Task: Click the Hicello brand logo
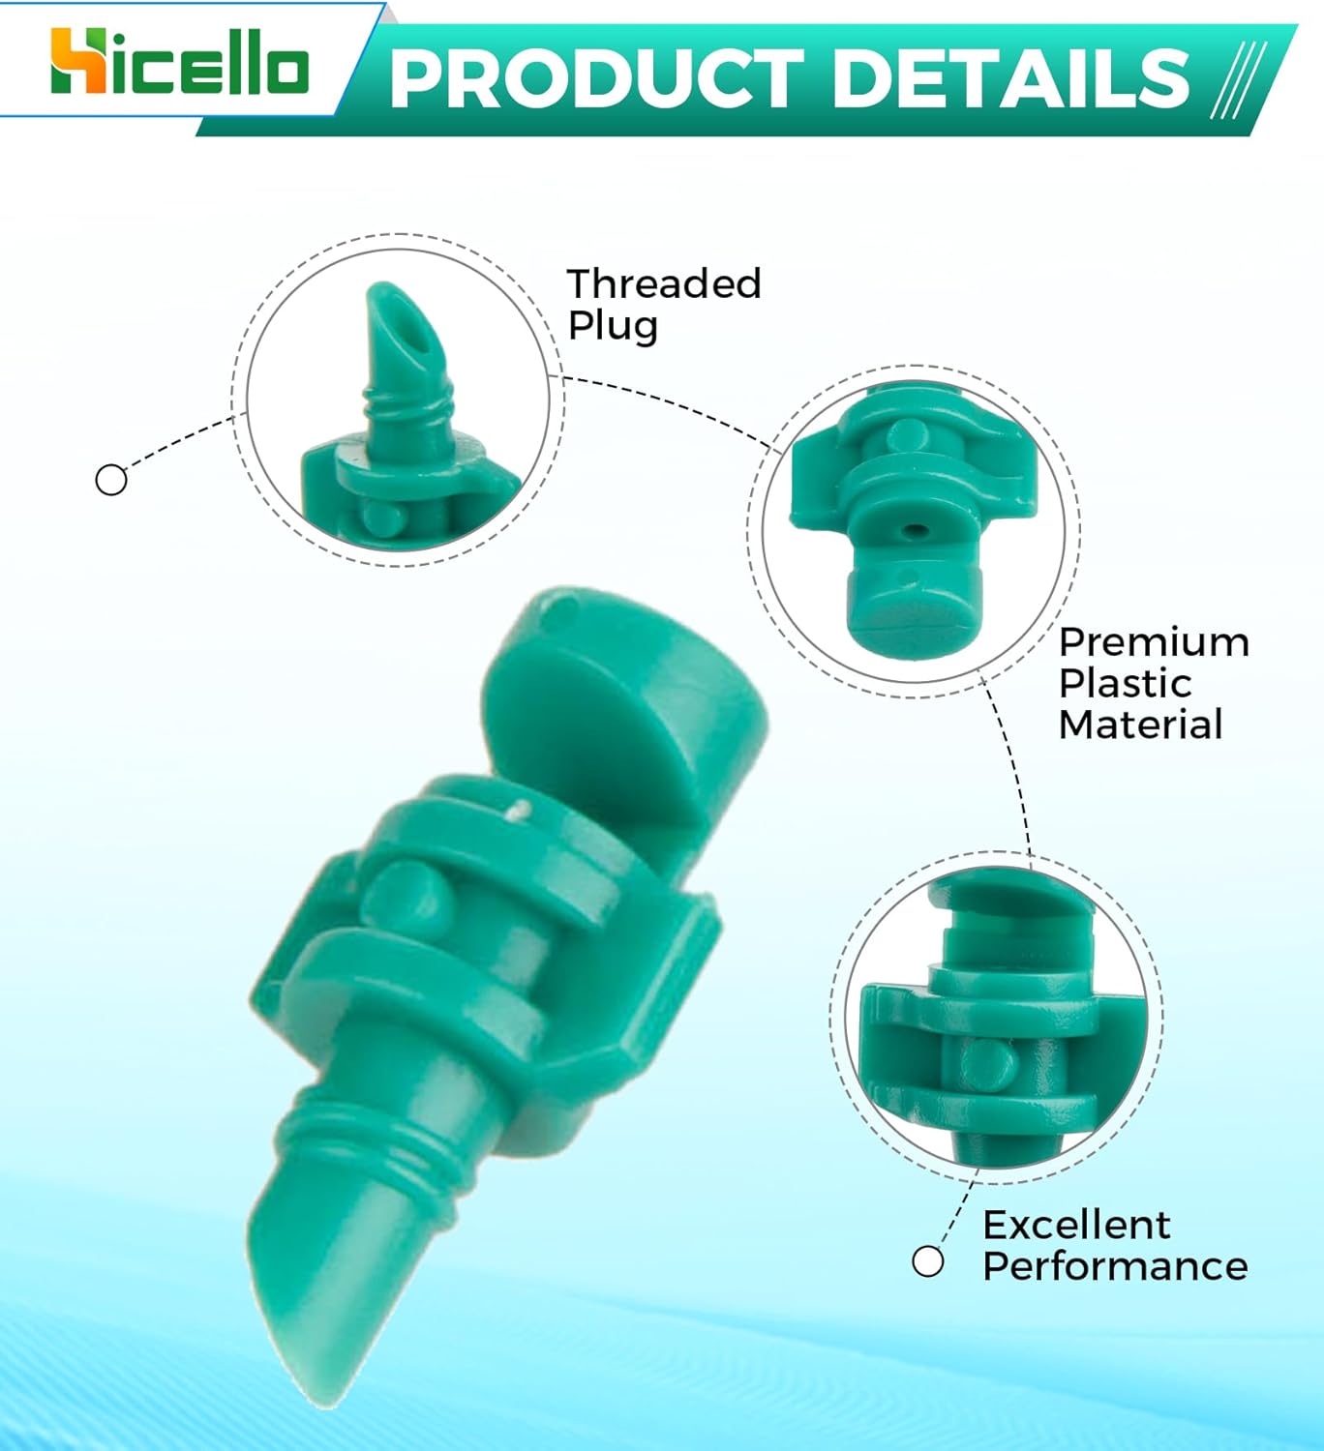click(x=179, y=64)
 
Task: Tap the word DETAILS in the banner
click(x=1010, y=79)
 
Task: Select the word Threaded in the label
click(x=664, y=284)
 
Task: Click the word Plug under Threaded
click(x=613, y=326)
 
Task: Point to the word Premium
click(x=1154, y=643)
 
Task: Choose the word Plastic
click(x=1125, y=684)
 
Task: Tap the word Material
click(x=1140, y=725)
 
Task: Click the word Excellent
click(x=1076, y=1226)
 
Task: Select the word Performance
click(x=1115, y=1266)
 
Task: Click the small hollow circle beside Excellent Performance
click(x=928, y=1261)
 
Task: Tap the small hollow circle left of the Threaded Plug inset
click(x=111, y=480)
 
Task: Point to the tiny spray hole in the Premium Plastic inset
click(x=915, y=531)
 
